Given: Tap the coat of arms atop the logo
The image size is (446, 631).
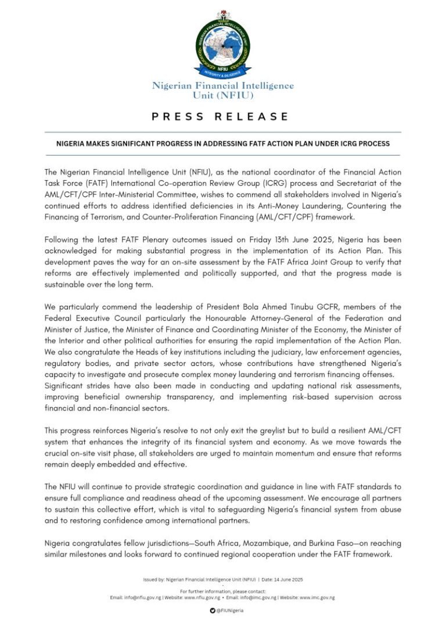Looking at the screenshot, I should [x=222, y=15].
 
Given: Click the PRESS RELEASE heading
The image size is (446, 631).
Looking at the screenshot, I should [x=221, y=117].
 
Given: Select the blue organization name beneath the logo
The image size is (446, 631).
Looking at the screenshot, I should [x=223, y=91].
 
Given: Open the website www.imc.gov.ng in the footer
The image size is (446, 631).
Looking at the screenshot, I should [x=316, y=597].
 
